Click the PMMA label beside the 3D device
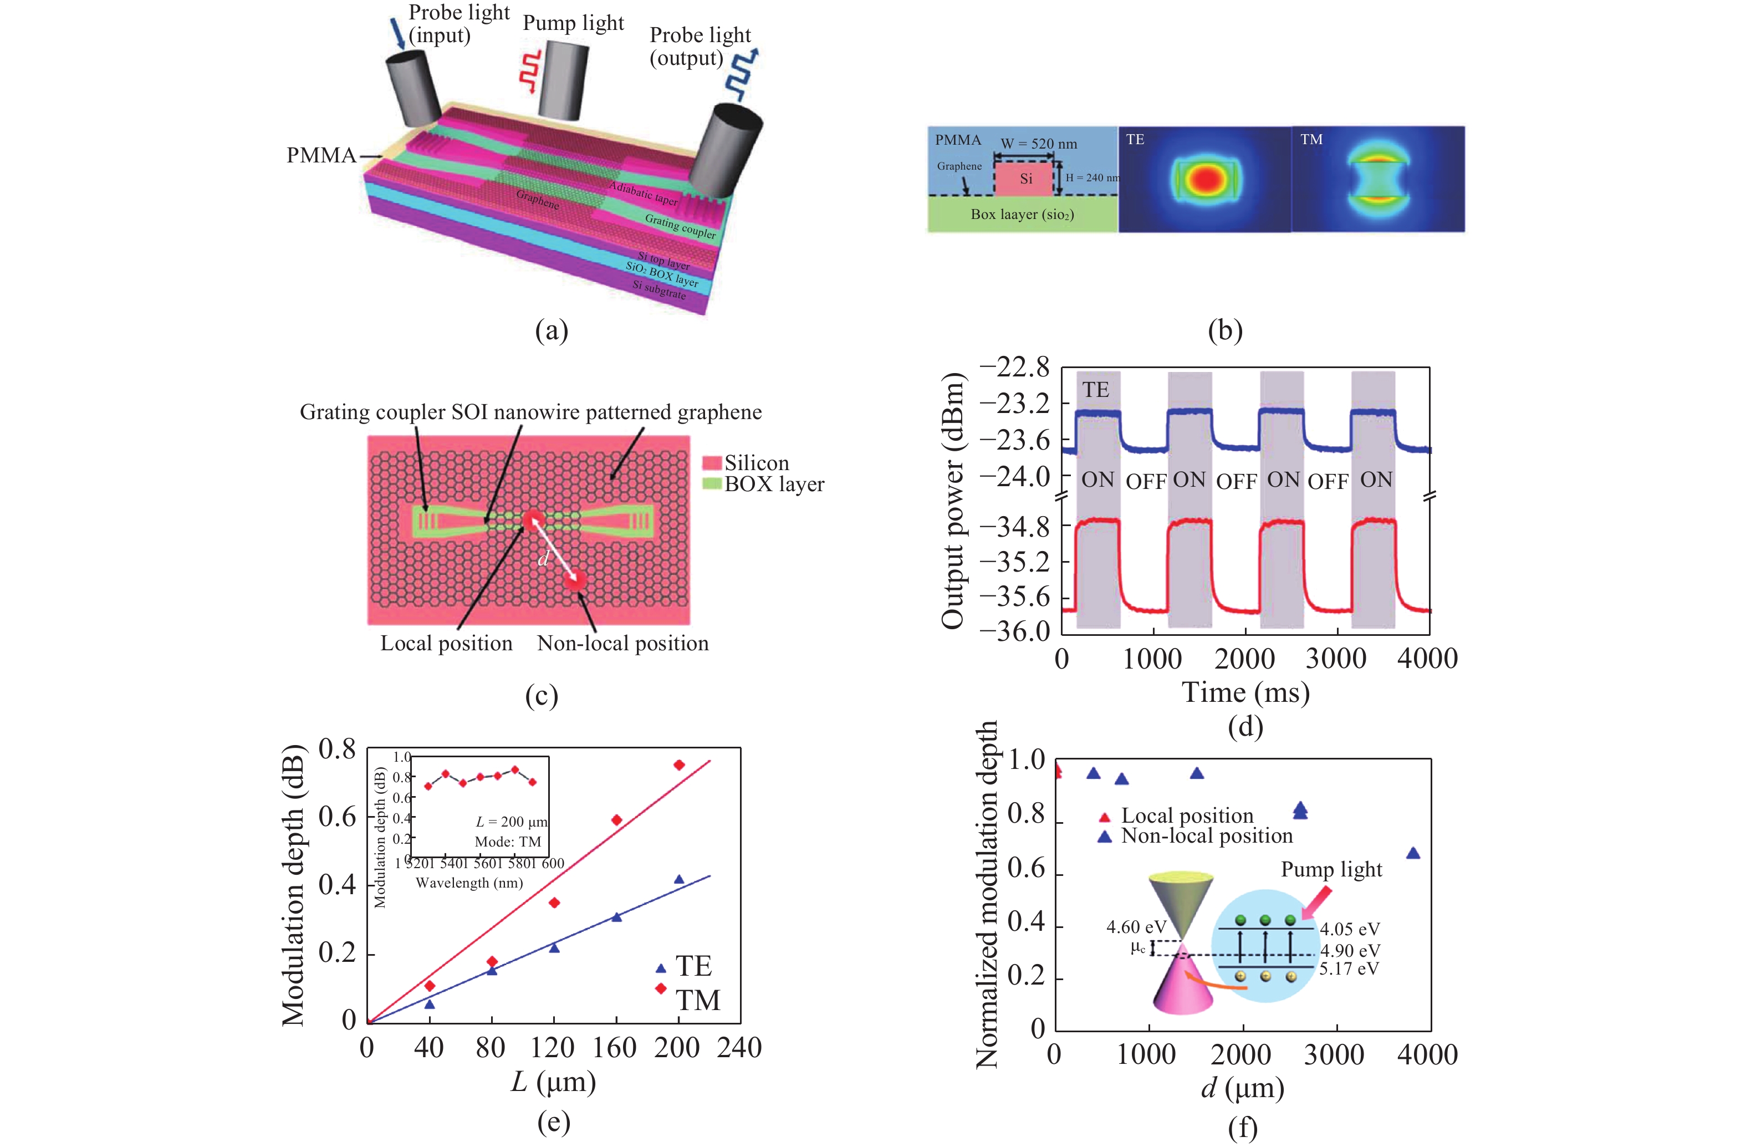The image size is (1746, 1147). tap(320, 156)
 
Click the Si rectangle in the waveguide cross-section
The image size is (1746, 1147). tap(1025, 179)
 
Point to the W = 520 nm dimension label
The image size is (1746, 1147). tap(1039, 144)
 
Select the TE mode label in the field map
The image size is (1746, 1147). tap(1135, 140)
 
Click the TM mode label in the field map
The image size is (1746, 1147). tap(1311, 140)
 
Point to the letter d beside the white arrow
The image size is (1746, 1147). tap(543, 559)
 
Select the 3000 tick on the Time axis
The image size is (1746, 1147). tap(1336, 658)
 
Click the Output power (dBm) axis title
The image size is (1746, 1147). tap(952, 501)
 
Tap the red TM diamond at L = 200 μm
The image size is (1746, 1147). tap(680, 764)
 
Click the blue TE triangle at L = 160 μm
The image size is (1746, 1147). tap(617, 916)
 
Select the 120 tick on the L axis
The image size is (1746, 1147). tap(553, 1047)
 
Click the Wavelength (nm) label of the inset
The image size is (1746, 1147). tap(469, 883)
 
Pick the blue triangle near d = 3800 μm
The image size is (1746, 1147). tap(1412, 853)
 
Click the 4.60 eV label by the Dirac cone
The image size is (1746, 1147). tap(1136, 927)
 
